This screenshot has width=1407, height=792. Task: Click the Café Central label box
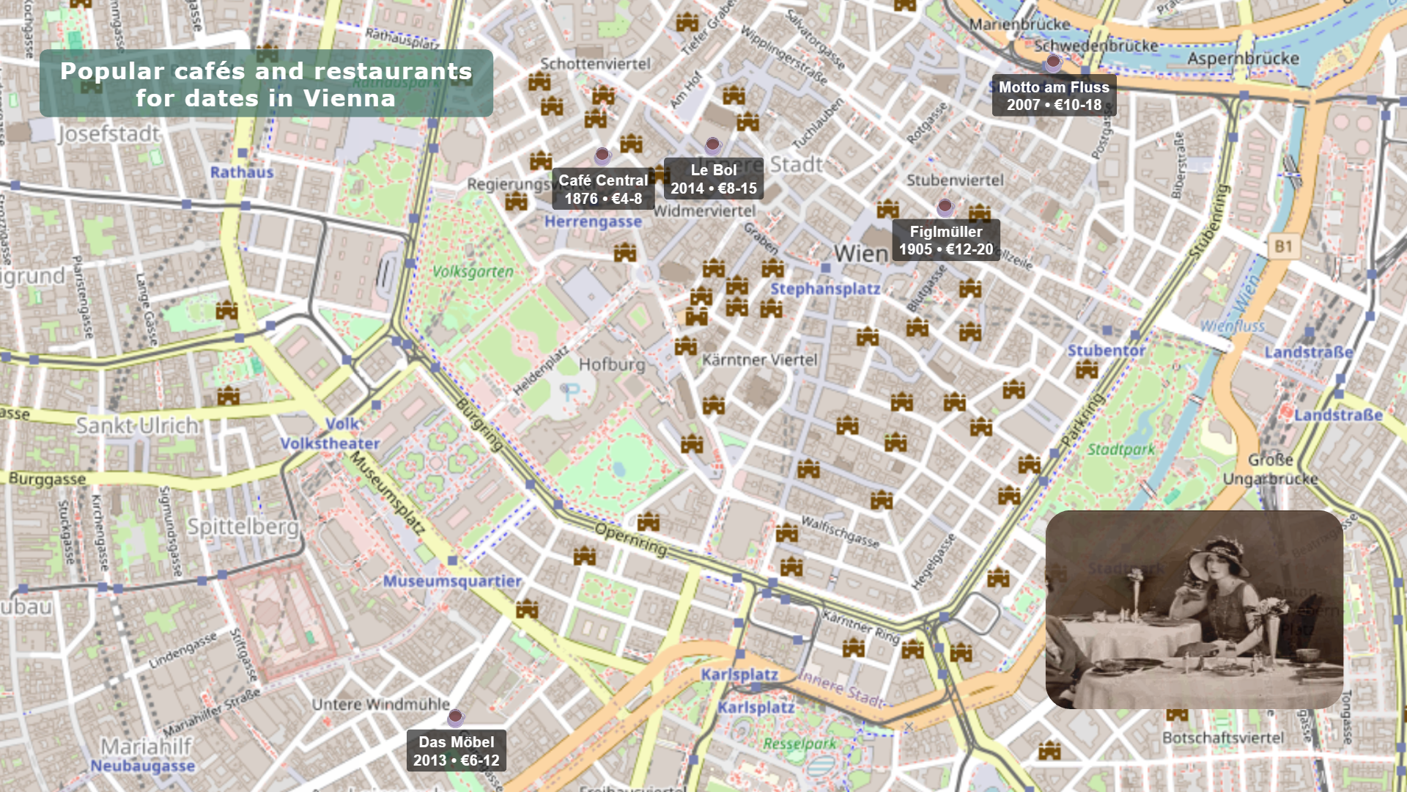pyautogui.click(x=602, y=189)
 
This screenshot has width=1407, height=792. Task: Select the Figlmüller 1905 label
pyautogui.click(x=945, y=241)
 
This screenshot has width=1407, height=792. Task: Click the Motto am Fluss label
pyautogui.click(x=1053, y=96)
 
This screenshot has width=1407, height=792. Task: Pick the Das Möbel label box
pyautogui.click(x=456, y=751)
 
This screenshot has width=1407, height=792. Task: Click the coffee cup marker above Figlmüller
pyautogui.click(x=945, y=208)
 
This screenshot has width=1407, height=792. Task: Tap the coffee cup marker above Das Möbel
pyautogui.click(x=455, y=716)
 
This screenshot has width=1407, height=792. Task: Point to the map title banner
pyautogui.click(x=266, y=84)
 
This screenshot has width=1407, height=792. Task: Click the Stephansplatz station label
pyautogui.click(x=825, y=289)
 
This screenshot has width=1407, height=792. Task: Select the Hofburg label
pyautogui.click(x=612, y=364)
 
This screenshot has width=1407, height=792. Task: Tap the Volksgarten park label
pyautogui.click(x=473, y=272)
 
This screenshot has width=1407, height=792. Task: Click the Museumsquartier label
pyautogui.click(x=452, y=582)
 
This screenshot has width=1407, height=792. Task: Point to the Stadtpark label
pyautogui.click(x=1120, y=450)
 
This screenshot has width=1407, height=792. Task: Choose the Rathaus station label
pyautogui.click(x=242, y=172)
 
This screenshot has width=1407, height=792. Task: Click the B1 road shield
pyautogui.click(x=1282, y=246)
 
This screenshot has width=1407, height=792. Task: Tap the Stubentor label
pyautogui.click(x=1106, y=351)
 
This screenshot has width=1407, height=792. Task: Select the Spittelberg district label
pyautogui.click(x=243, y=527)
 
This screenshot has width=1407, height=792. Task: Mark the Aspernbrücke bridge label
pyautogui.click(x=1243, y=59)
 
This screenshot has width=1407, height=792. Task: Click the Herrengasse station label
pyautogui.click(x=593, y=222)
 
